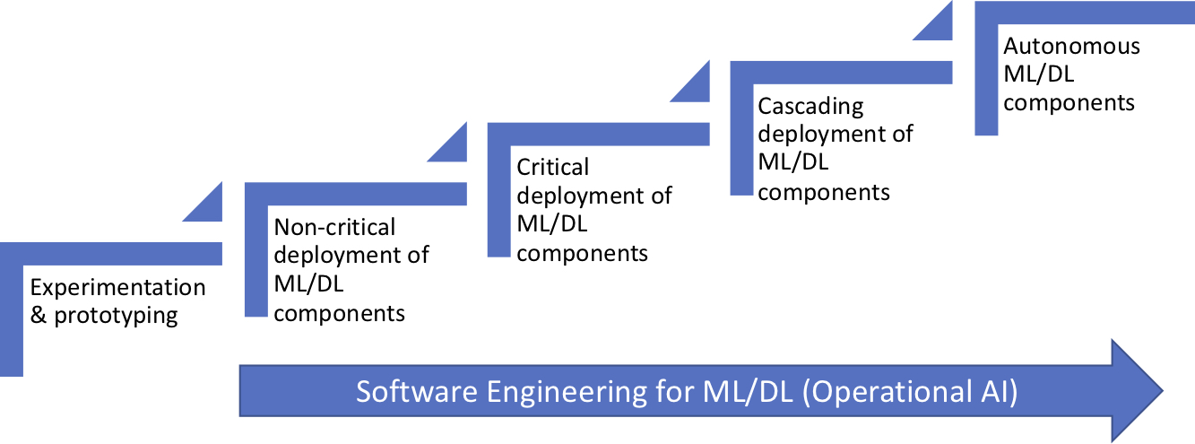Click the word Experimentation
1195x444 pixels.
117,288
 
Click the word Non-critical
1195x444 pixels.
334,227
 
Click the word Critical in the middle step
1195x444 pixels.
553,167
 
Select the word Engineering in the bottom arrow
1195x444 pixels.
560,393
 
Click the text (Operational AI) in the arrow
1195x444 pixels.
910,393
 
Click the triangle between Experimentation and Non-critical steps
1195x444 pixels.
208,205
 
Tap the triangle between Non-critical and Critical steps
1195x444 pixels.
453,147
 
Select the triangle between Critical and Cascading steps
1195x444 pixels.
696,87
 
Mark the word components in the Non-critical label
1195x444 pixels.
339,313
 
